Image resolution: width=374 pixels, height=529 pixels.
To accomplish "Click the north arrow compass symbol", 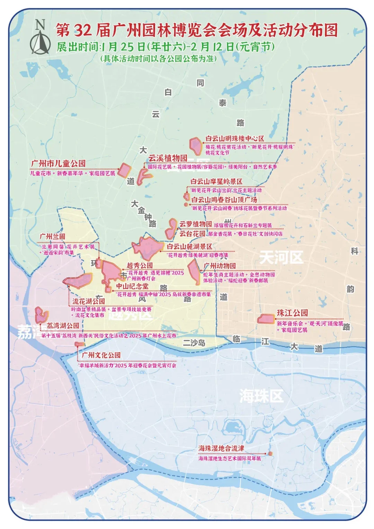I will (41, 37).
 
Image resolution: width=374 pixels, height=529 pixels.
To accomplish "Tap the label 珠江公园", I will (292, 313).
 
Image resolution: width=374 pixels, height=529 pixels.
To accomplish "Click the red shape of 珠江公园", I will (266, 319).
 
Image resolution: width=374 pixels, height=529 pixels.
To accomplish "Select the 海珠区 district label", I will (261, 396).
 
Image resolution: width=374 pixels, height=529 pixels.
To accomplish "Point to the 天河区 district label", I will (281, 257).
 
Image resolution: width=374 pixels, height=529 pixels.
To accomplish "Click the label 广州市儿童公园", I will (58, 163).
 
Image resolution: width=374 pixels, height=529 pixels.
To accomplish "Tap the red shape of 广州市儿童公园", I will (124, 170).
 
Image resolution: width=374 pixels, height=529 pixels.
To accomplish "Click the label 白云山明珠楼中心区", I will (234, 138).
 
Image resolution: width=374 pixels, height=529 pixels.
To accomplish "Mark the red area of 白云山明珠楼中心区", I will (196, 146).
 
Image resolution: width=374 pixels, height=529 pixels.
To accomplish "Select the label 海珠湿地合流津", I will (221, 448).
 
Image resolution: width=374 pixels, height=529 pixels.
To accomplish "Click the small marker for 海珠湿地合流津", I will (270, 453).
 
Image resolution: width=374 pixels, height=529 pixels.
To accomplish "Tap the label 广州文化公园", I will (101, 355).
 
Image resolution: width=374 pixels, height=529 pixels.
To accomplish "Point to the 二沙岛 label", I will (194, 343).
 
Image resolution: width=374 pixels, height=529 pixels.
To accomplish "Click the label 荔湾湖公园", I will (63, 326).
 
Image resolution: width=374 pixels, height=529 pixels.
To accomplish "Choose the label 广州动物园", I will (220, 266).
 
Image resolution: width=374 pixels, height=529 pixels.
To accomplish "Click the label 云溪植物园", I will (168, 158).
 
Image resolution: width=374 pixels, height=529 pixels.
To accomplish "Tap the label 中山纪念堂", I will (132, 286).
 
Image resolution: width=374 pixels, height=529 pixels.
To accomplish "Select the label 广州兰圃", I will (52, 237).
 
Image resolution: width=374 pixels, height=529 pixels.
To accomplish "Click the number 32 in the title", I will (82, 31).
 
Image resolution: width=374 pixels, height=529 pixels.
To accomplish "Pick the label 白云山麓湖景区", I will (189, 247).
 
